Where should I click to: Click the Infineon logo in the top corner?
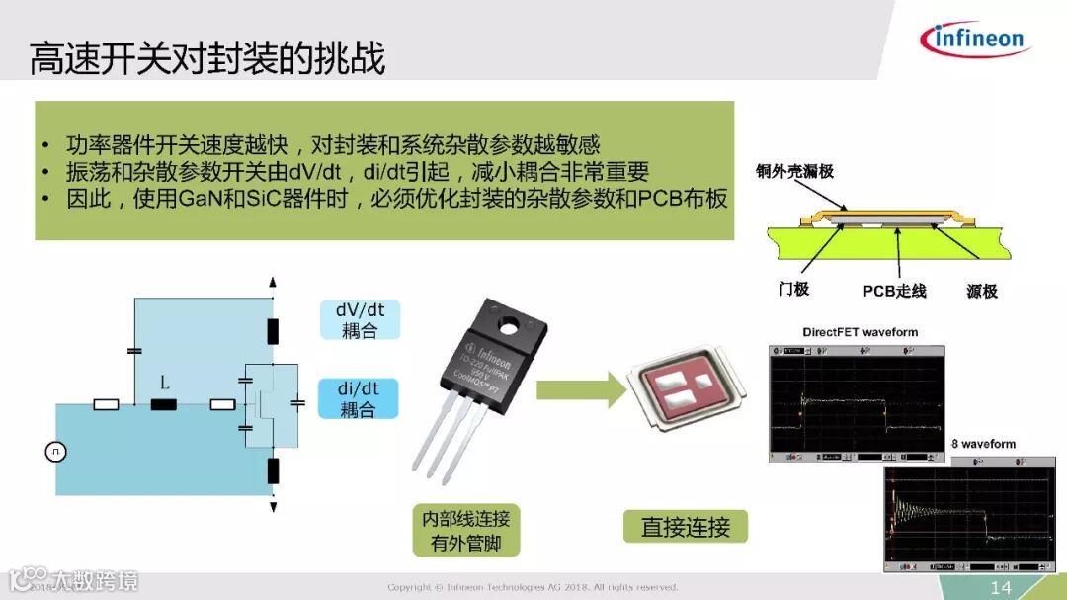coord(975,39)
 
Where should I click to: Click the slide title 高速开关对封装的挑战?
coord(206,59)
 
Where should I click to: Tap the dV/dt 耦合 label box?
coord(360,320)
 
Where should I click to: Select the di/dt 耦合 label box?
coord(360,398)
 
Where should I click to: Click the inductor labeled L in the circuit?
coord(163,403)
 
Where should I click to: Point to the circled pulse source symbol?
coord(55,452)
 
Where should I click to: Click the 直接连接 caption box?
coord(685,527)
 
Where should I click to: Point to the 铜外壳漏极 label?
coord(795,171)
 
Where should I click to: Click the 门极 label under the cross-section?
coord(793,289)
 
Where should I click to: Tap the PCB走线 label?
coord(894,291)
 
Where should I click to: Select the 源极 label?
coord(982,291)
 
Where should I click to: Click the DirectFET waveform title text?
coord(860,332)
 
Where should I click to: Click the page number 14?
coord(1001,588)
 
